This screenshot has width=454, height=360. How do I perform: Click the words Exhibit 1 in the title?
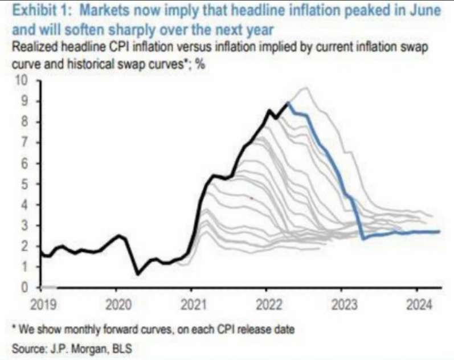pos(35,10)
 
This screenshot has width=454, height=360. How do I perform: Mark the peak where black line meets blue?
pos(288,103)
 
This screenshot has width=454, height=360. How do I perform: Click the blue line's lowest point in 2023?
pos(363,239)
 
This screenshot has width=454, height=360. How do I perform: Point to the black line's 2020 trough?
pos(138,274)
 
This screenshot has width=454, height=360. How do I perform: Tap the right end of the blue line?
pos(440,231)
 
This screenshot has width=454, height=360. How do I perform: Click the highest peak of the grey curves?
pos(306,88)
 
